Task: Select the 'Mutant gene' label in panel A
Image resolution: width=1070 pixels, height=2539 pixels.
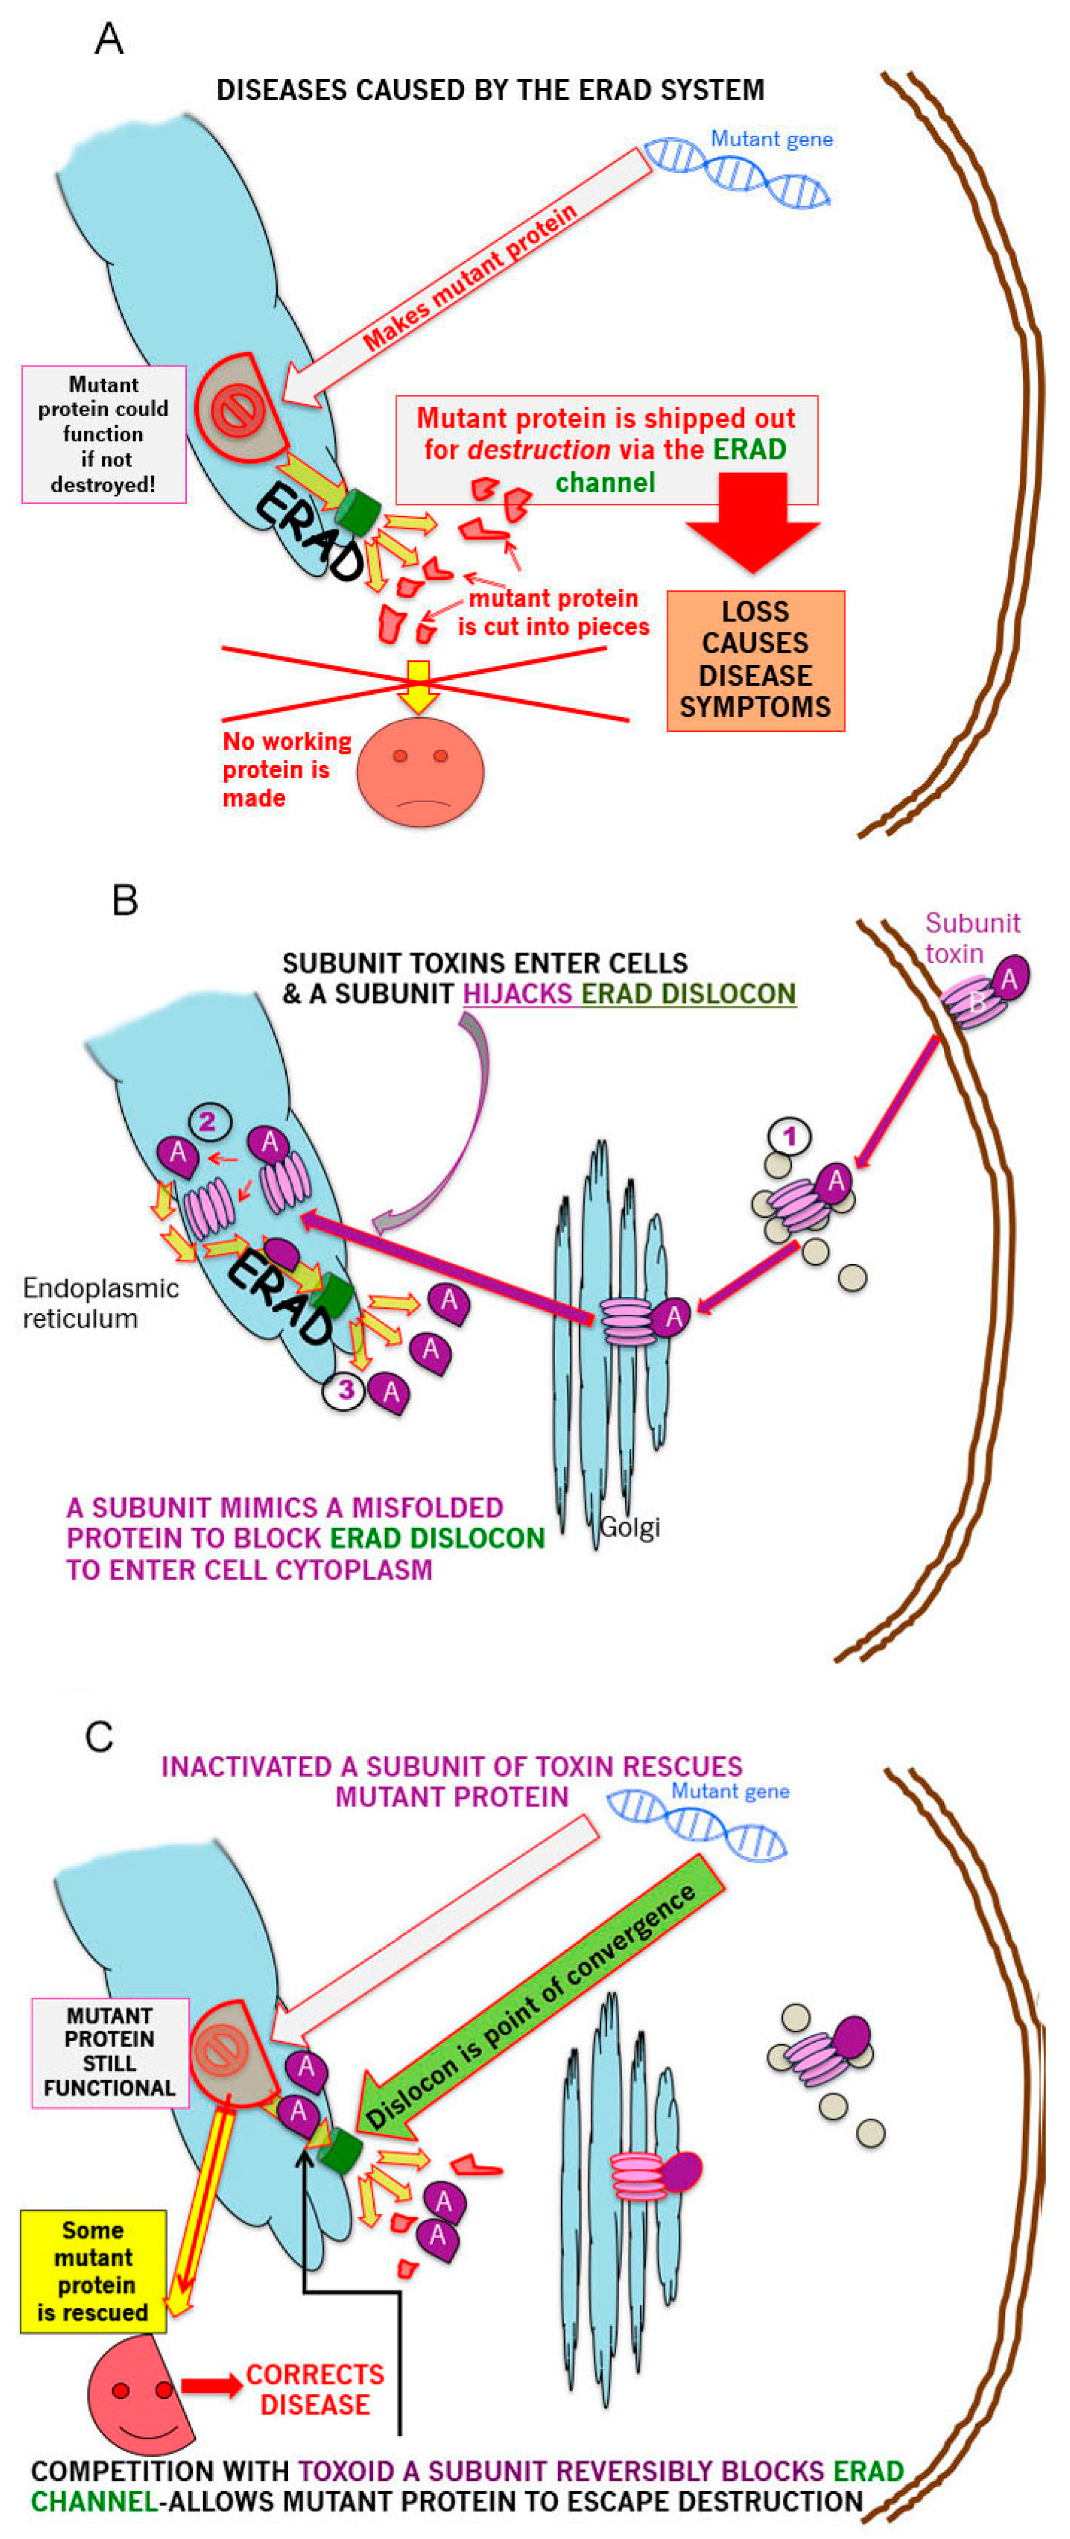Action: pos(771,139)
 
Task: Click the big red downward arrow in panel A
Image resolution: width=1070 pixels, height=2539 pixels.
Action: pos(753,523)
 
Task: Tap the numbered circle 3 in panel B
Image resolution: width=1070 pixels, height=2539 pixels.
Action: pos(345,1391)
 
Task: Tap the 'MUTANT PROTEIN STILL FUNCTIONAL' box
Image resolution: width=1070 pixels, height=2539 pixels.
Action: pos(109,2052)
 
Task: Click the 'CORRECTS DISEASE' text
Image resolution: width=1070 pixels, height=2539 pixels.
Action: pos(314,2389)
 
